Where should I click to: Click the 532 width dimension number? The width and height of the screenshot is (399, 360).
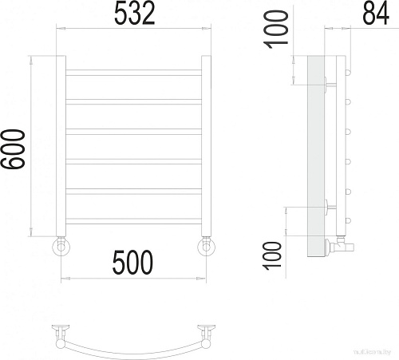click(x=132, y=14)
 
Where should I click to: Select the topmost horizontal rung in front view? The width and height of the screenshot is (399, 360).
click(x=132, y=73)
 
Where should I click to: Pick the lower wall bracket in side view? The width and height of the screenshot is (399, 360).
click(x=329, y=207)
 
